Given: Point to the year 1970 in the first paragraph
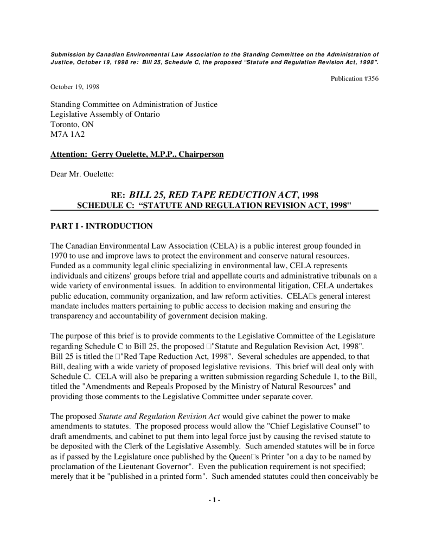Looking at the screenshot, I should click(x=60, y=256).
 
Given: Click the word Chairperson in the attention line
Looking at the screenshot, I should click(x=202, y=155).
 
